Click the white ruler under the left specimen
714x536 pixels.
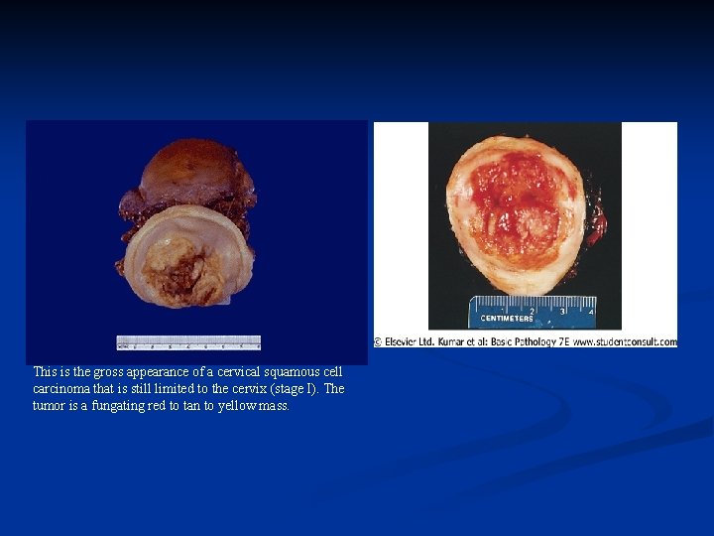(188, 342)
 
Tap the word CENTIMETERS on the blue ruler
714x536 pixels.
(507, 319)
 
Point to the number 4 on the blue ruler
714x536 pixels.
(592, 311)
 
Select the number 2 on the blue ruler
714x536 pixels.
(532, 311)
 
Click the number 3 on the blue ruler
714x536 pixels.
(562, 311)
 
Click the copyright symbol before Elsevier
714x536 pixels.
(379, 341)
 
